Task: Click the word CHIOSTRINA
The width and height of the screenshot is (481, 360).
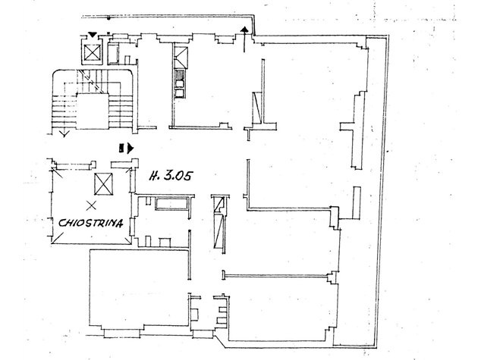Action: (91, 223)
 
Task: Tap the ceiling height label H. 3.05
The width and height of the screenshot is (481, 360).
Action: (171, 176)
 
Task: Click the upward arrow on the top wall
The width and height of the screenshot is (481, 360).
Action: (244, 39)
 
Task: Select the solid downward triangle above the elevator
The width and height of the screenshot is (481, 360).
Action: (92, 35)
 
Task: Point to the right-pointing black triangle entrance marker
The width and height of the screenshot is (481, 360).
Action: (130, 149)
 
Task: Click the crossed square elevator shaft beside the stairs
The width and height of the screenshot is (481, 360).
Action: (92, 52)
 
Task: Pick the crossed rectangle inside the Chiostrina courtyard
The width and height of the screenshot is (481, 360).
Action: (103, 184)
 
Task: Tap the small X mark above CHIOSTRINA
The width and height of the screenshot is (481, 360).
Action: (91, 205)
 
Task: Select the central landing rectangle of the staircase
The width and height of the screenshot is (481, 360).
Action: (93, 111)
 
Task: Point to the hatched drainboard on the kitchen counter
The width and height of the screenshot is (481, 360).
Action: (180, 74)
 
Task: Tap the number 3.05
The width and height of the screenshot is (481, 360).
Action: (178, 176)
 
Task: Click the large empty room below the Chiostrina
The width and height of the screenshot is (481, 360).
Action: (139, 287)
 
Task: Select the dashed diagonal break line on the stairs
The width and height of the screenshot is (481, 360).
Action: (90, 81)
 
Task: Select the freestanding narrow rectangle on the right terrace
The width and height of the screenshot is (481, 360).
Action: (357, 202)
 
